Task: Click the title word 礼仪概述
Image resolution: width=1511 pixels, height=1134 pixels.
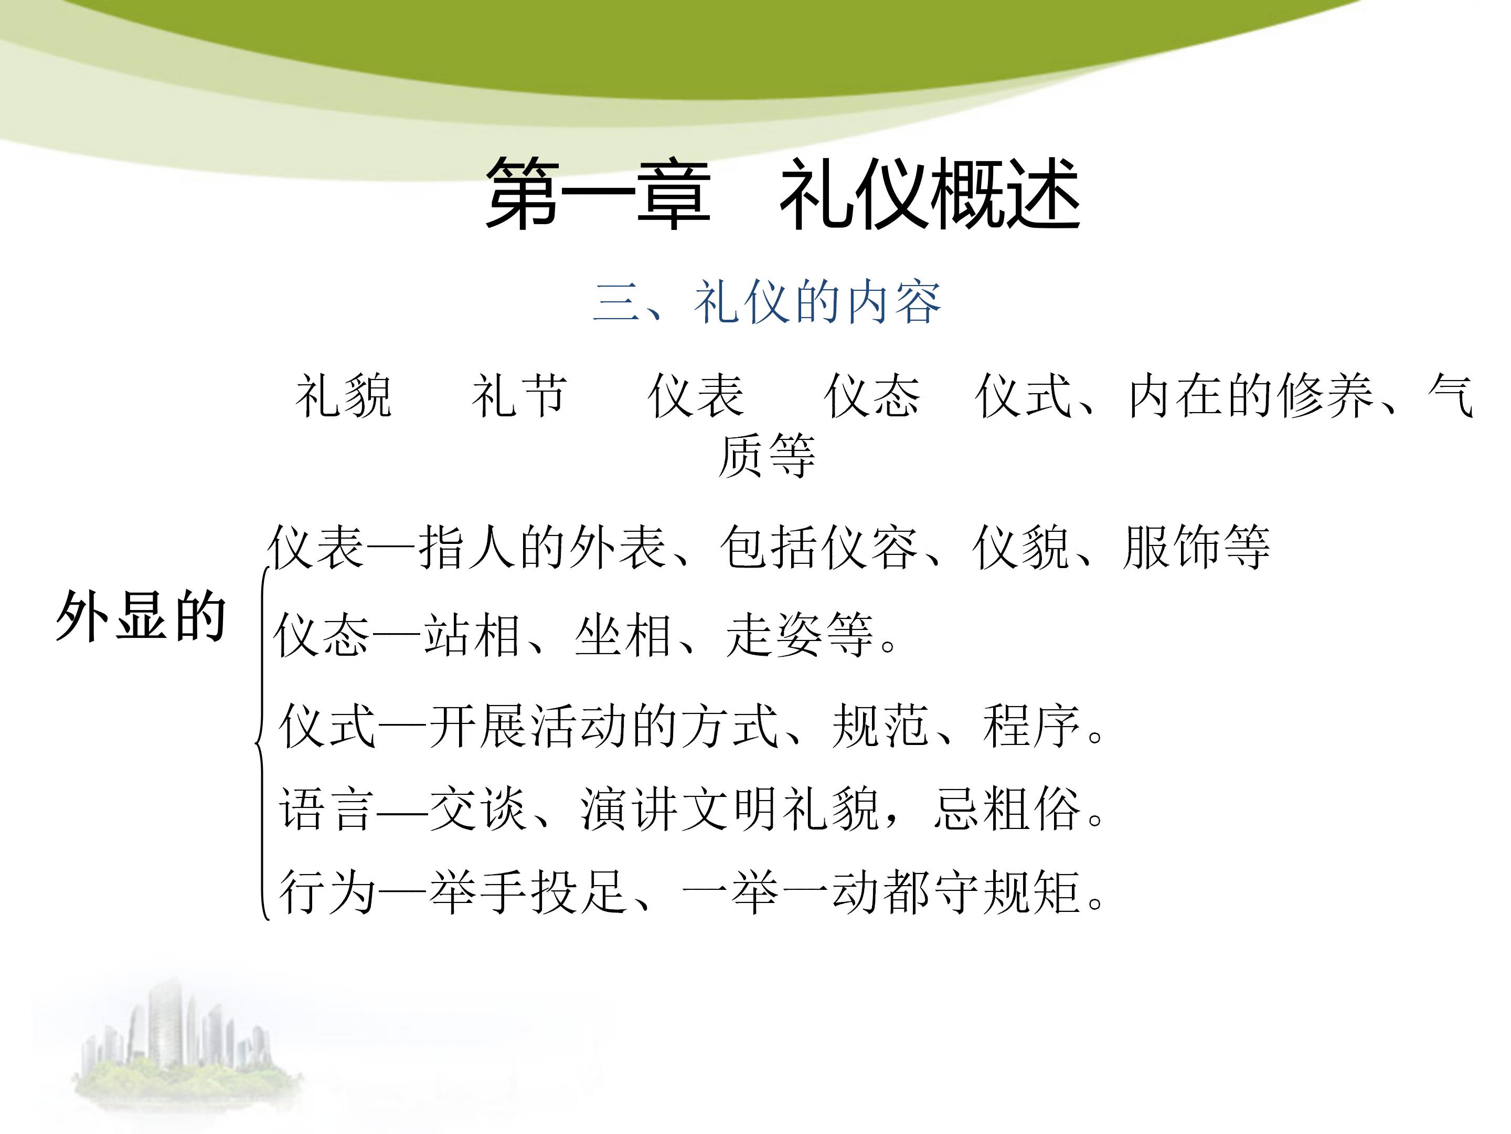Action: click(x=930, y=193)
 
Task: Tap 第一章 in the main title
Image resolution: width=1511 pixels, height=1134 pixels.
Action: click(x=599, y=193)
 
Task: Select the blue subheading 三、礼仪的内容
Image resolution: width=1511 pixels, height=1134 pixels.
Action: click(x=767, y=302)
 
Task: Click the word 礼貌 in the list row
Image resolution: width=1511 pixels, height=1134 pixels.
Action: click(x=344, y=396)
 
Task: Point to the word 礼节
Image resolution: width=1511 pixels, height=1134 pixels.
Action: click(x=519, y=396)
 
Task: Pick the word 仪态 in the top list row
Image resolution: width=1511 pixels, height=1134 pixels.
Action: click(x=872, y=396)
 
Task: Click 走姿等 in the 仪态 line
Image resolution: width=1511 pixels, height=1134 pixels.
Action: click(x=799, y=635)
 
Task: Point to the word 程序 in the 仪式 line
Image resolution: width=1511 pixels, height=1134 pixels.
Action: click(x=1031, y=726)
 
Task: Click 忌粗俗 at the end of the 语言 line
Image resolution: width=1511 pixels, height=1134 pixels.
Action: click(x=1007, y=810)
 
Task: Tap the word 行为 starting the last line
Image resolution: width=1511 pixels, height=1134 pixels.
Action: click(x=326, y=892)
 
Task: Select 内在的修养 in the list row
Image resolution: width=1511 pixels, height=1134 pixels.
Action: click(x=1250, y=396)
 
